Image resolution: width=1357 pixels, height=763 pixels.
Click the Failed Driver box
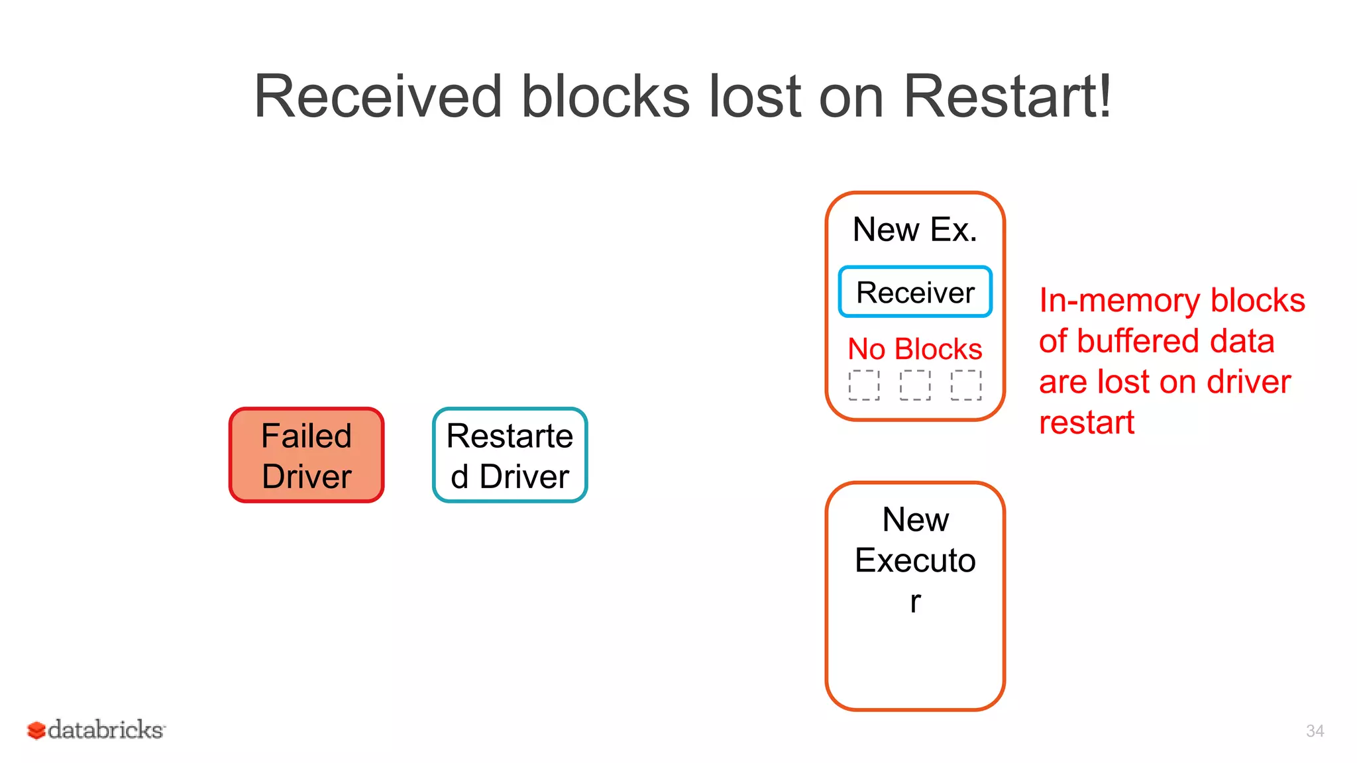coord(306,455)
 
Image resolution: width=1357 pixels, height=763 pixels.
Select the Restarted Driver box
coord(510,455)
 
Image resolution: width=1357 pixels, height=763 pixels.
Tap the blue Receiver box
coord(914,292)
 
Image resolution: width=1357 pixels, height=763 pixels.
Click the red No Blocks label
coord(914,349)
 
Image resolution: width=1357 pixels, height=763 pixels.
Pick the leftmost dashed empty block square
coord(864,385)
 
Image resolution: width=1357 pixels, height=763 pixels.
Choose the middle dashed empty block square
coord(915,385)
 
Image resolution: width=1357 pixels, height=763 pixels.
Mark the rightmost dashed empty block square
coord(966,385)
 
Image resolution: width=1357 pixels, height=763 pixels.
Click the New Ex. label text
coord(914,230)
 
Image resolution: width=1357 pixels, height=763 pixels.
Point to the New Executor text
coord(915,560)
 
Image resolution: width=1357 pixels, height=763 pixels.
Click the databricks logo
coord(97,729)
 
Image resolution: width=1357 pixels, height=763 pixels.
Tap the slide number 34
coord(1315,731)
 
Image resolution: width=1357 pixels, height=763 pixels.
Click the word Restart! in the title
coord(1007,97)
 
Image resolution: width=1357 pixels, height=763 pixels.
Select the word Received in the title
coord(378,97)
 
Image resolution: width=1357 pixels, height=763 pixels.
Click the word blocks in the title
coord(606,97)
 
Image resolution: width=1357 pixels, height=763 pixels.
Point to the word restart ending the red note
coord(1087,423)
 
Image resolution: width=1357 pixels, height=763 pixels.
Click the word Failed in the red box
coord(306,436)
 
